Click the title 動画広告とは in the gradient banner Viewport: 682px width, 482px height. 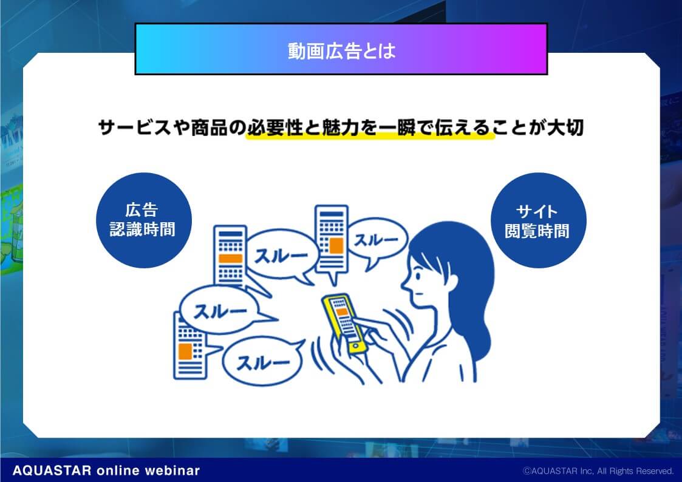[341, 51]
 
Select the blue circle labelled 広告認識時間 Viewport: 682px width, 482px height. [143, 220]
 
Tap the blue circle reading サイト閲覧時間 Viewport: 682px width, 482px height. [538, 220]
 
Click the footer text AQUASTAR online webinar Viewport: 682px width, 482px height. [106, 470]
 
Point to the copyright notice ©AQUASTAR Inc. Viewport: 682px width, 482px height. [598, 471]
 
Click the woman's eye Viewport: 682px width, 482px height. [418, 275]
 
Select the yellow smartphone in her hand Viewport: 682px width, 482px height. [344, 322]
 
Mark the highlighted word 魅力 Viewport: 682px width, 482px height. [340, 127]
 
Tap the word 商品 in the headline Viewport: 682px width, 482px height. [210, 127]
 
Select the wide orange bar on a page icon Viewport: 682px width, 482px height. [230, 259]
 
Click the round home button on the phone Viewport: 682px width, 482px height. [356, 346]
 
